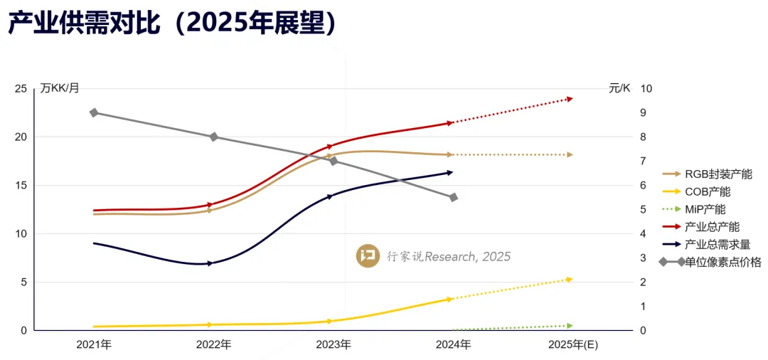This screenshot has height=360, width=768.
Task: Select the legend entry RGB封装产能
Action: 718,174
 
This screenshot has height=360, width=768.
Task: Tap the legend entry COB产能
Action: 707,191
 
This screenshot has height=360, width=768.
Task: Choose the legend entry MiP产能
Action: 705,209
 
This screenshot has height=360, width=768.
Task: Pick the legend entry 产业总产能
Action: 712,227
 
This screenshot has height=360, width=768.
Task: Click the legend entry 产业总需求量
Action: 717,244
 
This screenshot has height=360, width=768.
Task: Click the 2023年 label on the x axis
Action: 334,345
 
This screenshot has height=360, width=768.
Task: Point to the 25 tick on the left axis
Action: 21,88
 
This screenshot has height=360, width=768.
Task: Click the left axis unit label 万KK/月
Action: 60,88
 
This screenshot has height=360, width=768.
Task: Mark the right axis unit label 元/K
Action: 619,88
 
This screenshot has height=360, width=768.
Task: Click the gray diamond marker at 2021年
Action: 94,113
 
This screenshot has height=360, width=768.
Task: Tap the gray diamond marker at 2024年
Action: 453,197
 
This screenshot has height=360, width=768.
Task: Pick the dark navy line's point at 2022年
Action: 210,263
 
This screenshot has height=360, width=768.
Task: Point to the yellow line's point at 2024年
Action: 449,299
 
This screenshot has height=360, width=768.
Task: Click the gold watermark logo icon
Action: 368,256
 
